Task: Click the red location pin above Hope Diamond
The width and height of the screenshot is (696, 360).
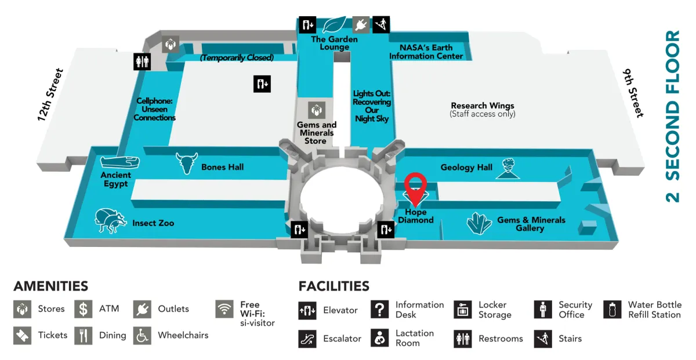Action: [415, 184]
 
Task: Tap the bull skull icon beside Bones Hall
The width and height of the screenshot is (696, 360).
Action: [187, 163]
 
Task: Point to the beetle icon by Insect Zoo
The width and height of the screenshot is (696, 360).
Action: [110, 221]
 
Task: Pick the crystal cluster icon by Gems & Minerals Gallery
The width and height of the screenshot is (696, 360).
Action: [478, 224]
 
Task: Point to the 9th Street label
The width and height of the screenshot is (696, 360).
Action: [634, 93]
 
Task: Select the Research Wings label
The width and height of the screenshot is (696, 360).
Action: [483, 106]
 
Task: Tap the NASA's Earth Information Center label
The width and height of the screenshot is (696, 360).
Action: [426, 52]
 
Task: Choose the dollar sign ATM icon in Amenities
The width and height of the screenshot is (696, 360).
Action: [84, 309]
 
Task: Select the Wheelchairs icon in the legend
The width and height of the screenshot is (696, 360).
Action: [142, 335]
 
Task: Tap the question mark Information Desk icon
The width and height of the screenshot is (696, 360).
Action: [379, 310]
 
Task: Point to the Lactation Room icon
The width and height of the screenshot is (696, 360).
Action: [379, 338]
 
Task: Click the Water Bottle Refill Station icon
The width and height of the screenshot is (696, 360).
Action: [612, 310]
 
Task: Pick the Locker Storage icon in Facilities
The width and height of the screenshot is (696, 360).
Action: [463, 310]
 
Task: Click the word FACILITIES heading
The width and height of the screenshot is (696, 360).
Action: [333, 286]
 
